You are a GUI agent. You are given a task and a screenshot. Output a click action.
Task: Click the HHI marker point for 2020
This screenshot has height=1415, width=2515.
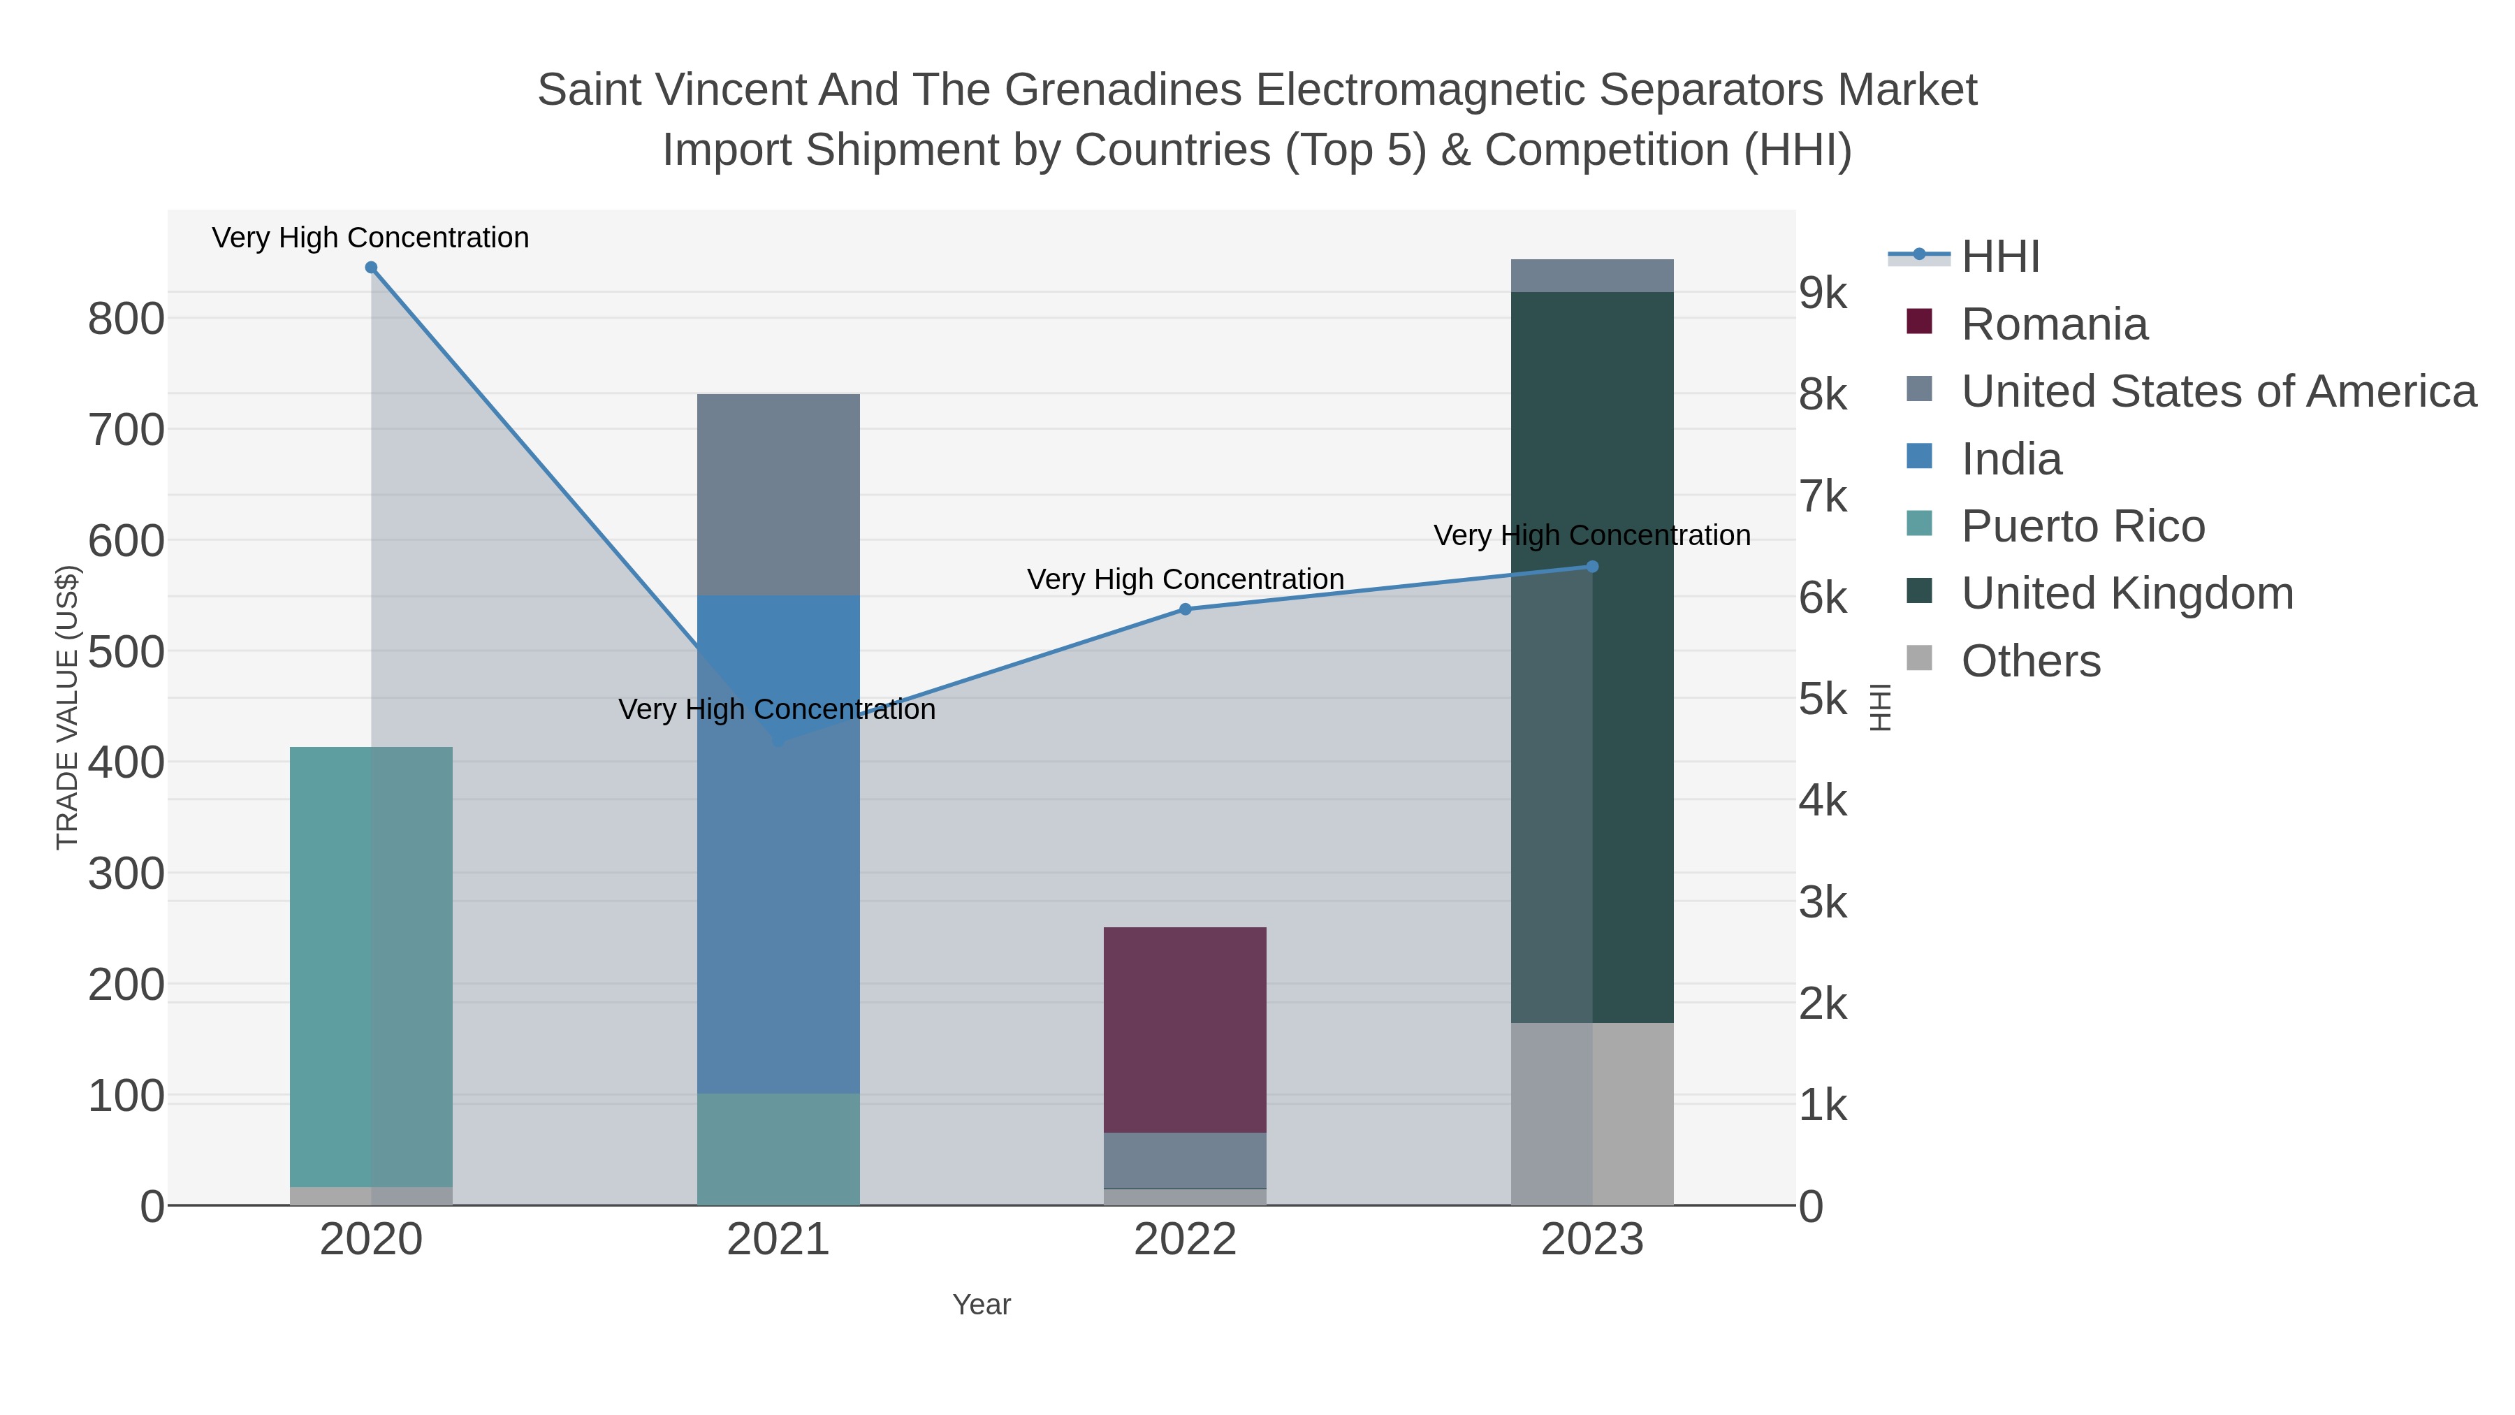coord(371,268)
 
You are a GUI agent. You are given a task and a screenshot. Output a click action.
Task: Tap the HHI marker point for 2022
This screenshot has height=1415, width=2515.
coord(1186,609)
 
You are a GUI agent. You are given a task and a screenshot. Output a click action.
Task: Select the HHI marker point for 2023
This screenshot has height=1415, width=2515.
coord(1592,567)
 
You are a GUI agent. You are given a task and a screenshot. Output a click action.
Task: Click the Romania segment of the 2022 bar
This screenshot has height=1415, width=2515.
coord(1186,1029)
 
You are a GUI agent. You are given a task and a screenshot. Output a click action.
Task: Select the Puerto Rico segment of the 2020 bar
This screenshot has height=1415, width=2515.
coord(371,967)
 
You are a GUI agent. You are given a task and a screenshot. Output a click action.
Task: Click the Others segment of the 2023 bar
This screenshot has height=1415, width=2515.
coord(1592,1113)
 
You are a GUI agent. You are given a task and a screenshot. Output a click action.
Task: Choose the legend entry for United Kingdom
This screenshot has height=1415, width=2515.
coord(2127,594)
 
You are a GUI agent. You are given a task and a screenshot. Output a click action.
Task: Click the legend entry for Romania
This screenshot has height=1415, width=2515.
coord(2054,324)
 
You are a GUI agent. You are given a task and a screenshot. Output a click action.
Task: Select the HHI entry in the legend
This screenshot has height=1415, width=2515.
coord(1999,257)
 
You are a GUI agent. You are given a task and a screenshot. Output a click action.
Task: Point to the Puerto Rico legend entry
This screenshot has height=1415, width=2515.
coord(2083,526)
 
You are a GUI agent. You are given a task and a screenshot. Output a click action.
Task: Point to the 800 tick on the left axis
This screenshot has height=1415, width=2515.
coord(126,319)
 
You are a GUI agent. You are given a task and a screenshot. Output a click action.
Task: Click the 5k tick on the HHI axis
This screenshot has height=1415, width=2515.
coord(1823,699)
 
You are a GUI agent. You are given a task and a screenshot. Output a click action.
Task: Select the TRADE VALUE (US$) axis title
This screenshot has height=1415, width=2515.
coord(67,707)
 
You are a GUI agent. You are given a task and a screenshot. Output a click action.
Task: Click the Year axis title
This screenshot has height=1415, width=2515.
coord(982,1305)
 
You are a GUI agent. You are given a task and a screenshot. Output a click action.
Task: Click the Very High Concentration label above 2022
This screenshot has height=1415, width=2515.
coord(1186,579)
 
